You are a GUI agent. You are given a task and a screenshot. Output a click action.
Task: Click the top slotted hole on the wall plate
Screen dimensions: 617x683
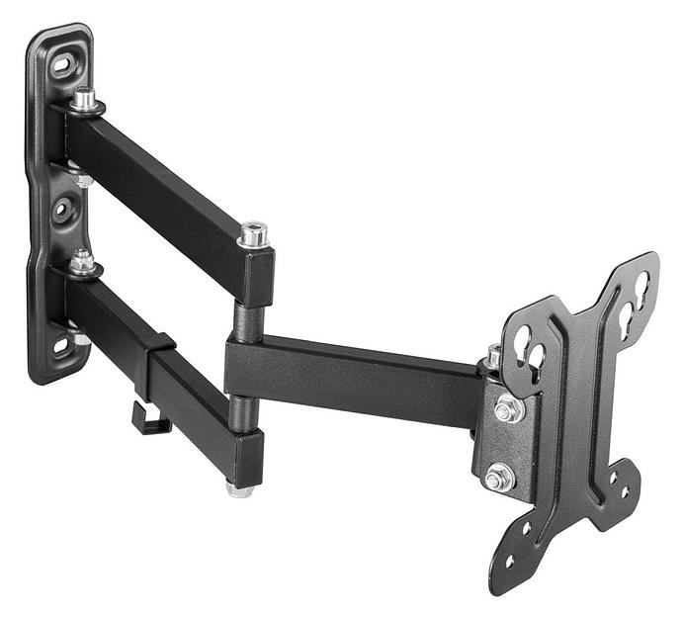point(62,66)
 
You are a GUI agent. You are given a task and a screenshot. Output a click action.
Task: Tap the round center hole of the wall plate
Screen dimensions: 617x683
point(61,210)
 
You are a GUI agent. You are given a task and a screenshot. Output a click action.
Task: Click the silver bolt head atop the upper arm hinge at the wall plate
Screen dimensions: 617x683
point(85,97)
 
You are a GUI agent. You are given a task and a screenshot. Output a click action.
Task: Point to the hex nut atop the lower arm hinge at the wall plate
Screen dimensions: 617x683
point(83,262)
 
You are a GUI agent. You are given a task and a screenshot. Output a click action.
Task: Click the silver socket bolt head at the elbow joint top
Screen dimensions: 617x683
point(253,234)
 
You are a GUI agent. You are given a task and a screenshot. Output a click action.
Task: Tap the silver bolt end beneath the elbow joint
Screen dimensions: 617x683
point(239,488)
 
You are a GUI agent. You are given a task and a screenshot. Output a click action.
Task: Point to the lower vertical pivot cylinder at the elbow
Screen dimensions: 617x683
point(239,411)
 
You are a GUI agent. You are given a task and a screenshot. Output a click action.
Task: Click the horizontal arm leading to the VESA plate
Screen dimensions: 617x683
point(356,377)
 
